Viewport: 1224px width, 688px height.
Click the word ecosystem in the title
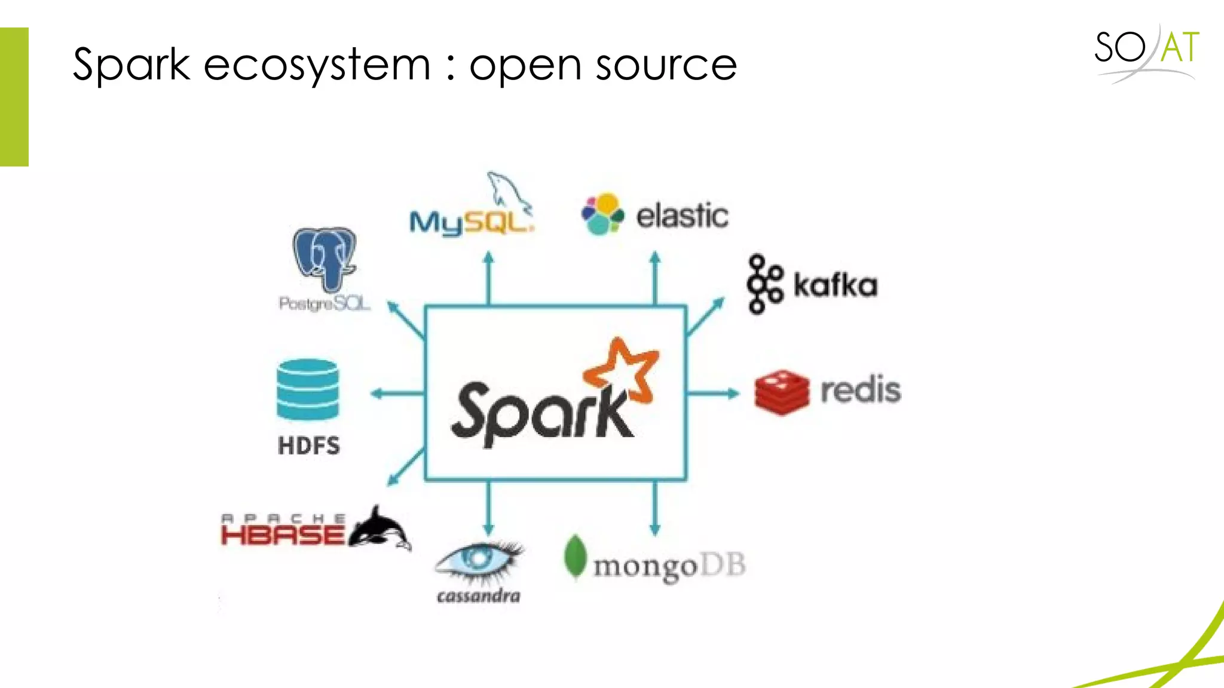[x=317, y=64]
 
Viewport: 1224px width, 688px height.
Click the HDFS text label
[x=308, y=446]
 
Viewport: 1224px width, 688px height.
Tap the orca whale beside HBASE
[x=380, y=528]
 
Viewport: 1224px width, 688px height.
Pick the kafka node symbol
[x=764, y=284]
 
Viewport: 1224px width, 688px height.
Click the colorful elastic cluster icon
[x=602, y=214]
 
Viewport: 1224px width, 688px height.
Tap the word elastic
[x=682, y=216]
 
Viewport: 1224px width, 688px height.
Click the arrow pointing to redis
[x=712, y=393]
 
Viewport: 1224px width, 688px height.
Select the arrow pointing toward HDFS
[x=397, y=394]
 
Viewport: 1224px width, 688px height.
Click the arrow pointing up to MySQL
[x=488, y=278]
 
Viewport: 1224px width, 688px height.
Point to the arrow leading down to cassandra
[x=488, y=508]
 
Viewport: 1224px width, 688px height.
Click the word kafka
[x=835, y=285]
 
